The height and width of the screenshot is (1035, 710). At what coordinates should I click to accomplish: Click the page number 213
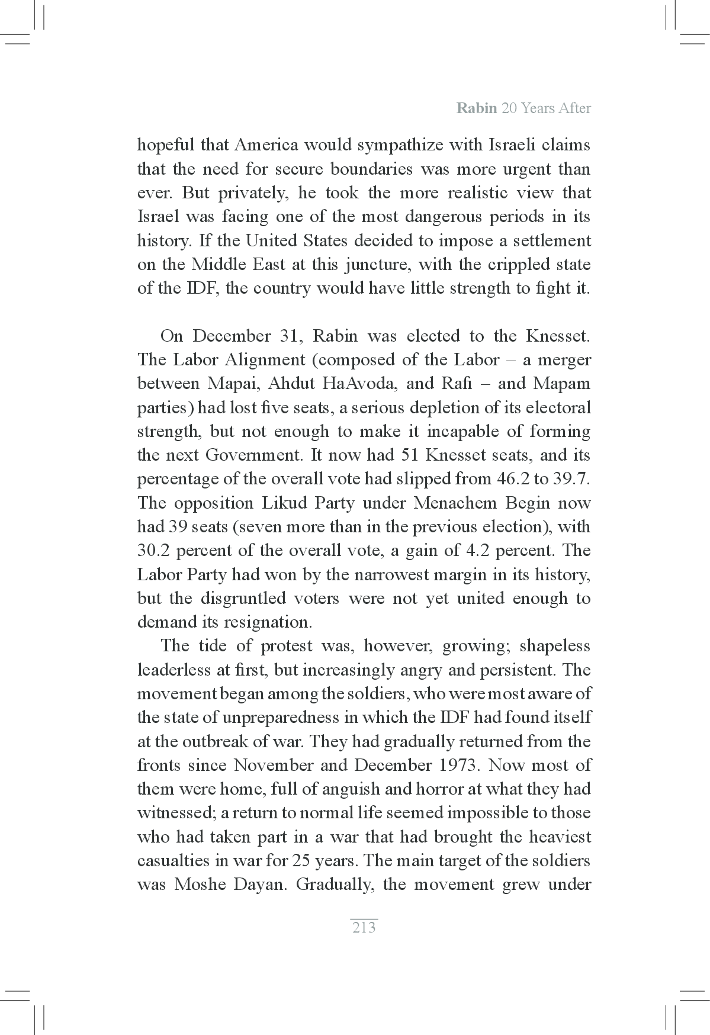click(x=364, y=927)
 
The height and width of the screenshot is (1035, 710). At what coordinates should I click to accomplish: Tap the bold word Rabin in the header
click(x=477, y=108)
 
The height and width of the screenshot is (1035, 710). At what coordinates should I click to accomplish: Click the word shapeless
click(x=555, y=646)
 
